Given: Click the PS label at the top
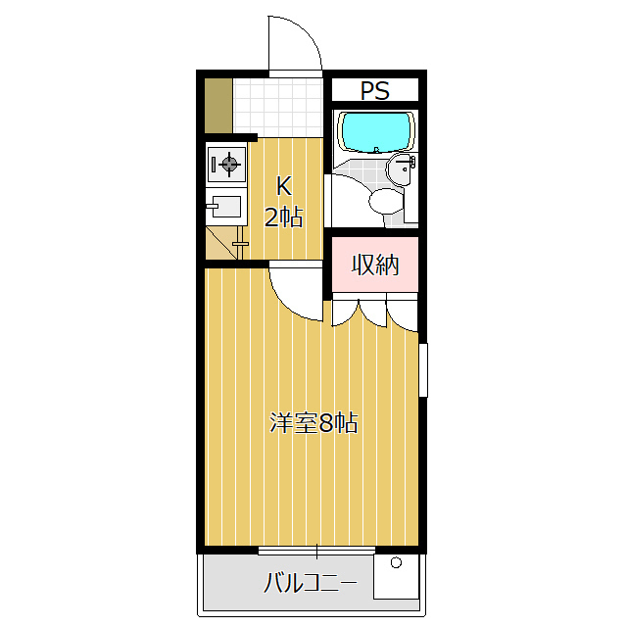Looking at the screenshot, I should point(375,91).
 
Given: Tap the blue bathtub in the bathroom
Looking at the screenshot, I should point(375,132).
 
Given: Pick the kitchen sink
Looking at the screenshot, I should point(224,209).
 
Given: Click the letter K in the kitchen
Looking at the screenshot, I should point(282,185).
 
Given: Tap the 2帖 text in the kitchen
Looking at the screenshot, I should point(283,217).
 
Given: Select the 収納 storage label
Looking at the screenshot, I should point(375,265).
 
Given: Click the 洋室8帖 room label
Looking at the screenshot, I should point(313,423).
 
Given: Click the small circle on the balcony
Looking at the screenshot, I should point(396,563).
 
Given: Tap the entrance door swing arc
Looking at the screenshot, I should point(296,44).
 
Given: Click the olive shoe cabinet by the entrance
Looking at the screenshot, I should point(218,104).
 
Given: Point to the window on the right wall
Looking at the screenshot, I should point(423,369).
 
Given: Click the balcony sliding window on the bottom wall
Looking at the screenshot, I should point(316,550).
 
